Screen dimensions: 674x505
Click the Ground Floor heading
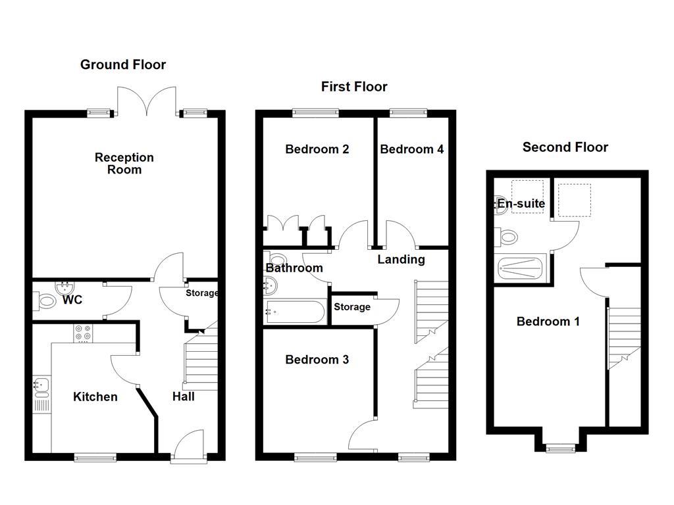[123, 64]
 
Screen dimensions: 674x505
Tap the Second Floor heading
[565, 147]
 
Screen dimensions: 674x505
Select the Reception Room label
[124, 163]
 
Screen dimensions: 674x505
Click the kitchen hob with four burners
[83, 333]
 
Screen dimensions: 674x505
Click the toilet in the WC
[45, 301]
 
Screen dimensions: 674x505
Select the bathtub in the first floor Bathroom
[296, 312]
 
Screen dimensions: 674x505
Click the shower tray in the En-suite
[521, 268]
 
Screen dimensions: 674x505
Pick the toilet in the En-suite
[506, 237]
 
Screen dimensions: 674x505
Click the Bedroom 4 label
[412, 149]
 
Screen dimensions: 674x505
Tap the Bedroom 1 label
[548, 321]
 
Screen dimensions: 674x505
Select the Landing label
[401, 259]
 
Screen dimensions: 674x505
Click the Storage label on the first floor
[352, 307]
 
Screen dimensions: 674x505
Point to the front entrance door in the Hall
[189, 446]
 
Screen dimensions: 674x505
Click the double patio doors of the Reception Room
[147, 101]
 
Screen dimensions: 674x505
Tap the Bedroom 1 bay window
[561, 448]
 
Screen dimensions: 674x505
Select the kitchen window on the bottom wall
[95, 458]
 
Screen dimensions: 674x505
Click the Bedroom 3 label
[317, 360]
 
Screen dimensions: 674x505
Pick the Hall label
[184, 397]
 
